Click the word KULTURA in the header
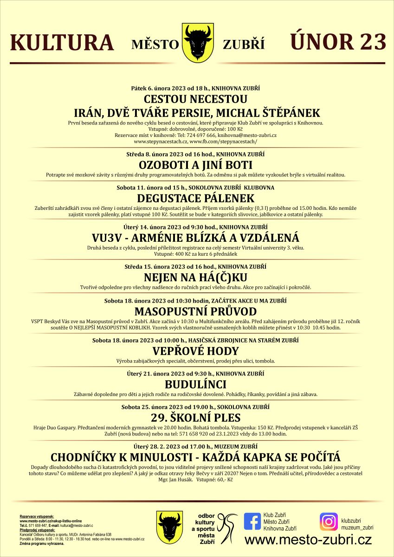point(62,43)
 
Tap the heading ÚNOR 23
point(338,42)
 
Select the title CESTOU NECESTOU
point(195,99)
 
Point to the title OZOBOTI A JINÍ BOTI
point(195,165)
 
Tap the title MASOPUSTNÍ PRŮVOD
point(195,311)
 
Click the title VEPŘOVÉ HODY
point(195,351)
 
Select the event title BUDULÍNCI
point(195,384)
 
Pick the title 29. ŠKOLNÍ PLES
point(195,418)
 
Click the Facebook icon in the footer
point(252,521)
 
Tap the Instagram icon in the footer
point(329,521)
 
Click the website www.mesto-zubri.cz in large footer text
point(308,540)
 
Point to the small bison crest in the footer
point(168,527)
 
